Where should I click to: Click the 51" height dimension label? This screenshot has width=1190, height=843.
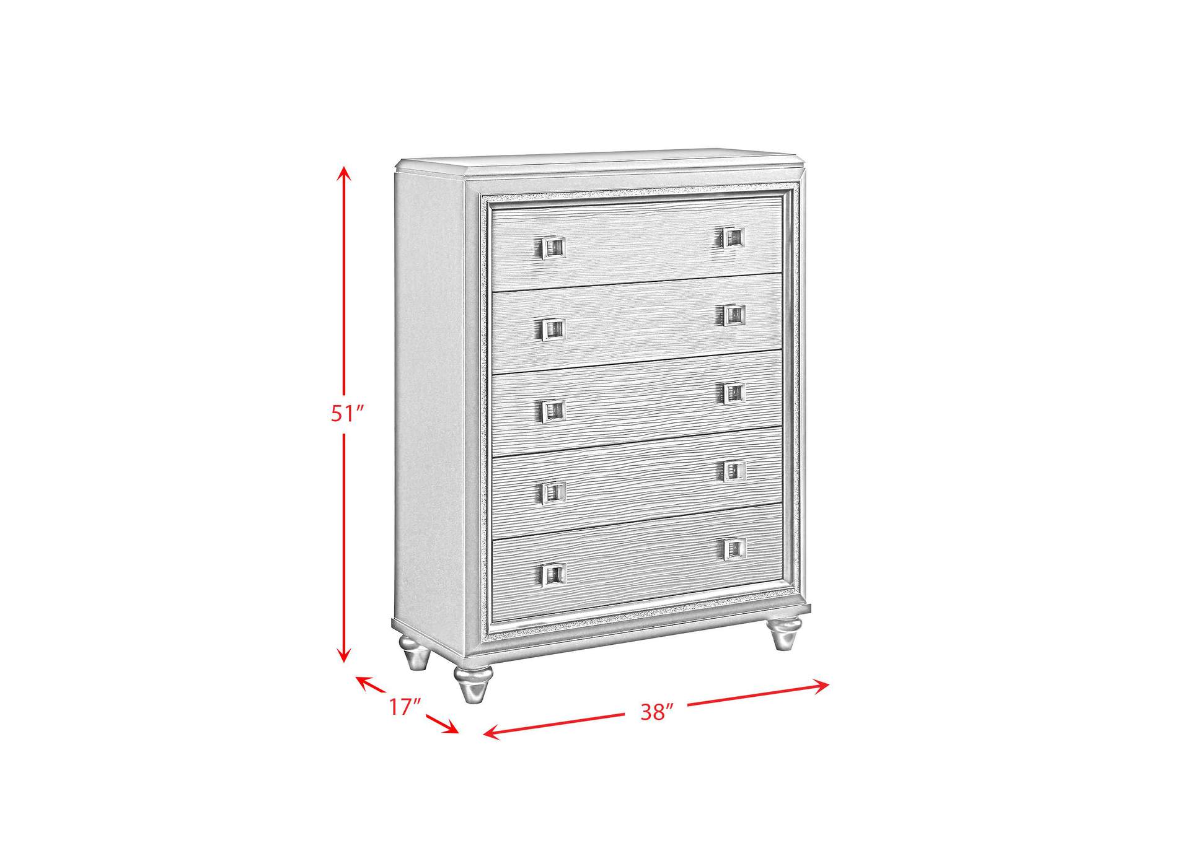[x=346, y=413]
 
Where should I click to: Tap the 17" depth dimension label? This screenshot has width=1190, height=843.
[x=405, y=707]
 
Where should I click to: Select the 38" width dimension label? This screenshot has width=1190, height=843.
[x=656, y=712]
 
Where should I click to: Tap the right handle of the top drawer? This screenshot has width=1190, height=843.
[x=733, y=237]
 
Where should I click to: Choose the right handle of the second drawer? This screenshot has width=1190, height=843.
[x=733, y=315]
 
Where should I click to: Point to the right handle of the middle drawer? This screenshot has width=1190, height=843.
[x=733, y=393]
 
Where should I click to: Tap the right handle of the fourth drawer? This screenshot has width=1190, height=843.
[x=734, y=471]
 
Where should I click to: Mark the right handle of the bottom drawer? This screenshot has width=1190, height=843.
[x=734, y=548]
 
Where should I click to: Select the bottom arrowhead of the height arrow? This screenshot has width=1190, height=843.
[x=344, y=655]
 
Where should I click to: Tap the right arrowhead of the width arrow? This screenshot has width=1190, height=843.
[x=821, y=685]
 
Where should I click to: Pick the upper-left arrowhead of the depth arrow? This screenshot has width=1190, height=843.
[x=366, y=683]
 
